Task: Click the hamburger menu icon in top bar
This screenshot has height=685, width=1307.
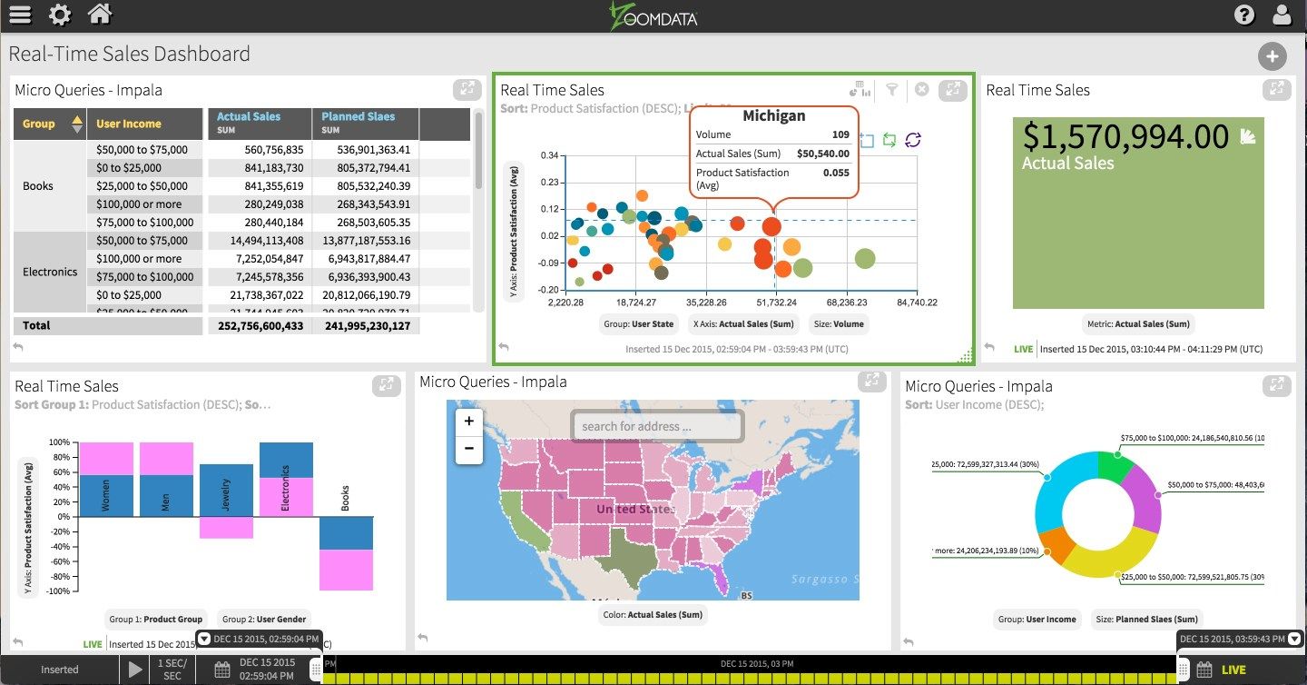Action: click(19, 15)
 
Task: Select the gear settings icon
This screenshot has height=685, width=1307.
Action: click(60, 15)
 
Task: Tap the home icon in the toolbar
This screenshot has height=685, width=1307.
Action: click(100, 15)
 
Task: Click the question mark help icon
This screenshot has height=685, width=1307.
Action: click(1244, 15)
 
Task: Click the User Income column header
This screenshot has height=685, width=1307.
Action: click(129, 124)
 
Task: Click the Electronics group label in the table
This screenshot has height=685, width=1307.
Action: click(50, 272)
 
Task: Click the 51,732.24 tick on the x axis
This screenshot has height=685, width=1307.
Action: click(776, 303)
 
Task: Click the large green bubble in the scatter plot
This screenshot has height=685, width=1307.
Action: click(865, 259)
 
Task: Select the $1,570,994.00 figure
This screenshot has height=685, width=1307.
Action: click(1125, 137)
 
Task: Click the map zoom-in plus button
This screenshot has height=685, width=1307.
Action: click(469, 422)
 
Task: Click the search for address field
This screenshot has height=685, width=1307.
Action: click(657, 426)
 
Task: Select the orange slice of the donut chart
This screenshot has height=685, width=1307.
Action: click(1056, 543)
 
